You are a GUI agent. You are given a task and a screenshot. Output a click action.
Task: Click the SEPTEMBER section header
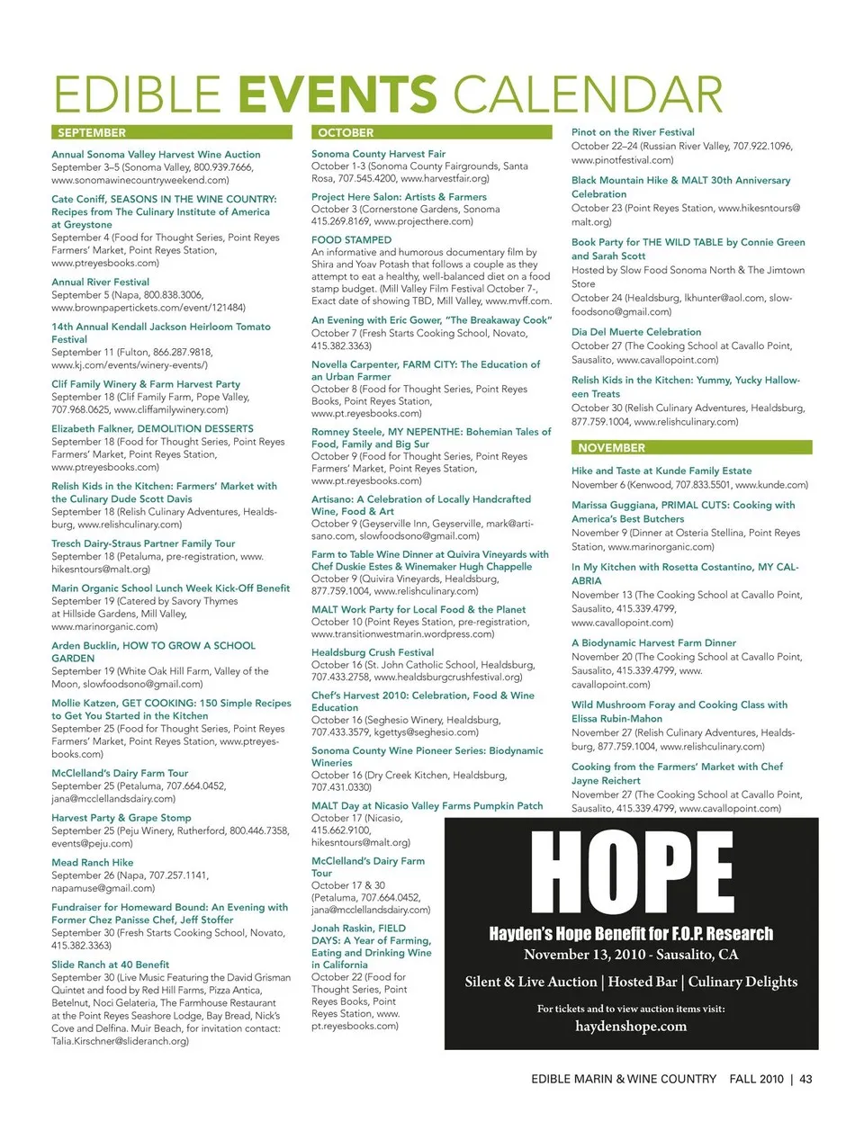(x=92, y=132)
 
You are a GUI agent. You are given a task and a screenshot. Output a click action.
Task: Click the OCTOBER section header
(x=346, y=132)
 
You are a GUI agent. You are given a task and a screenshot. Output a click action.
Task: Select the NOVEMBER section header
(x=612, y=447)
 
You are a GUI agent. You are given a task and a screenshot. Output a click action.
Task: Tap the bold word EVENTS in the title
(x=339, y=94)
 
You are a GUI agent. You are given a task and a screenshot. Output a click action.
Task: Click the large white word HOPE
(x=632, y=872)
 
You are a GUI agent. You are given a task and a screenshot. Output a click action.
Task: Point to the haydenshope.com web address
(x=631, y=1026)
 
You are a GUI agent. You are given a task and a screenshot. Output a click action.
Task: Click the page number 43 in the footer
(x=805, y=1079)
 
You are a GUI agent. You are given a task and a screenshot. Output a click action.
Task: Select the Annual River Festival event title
(x=101, y=282)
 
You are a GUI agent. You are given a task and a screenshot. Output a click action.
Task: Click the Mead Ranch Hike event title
(x=93, y=862)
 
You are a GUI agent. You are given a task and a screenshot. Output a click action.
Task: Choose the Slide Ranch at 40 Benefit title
(x=111, y=964)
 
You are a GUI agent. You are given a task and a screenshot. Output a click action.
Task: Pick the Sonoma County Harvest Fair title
(x=379, y=154)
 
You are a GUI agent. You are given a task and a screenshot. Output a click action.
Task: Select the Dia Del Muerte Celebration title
(x=636, y=332)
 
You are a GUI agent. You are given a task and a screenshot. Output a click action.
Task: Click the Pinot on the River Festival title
(x=633, y=132)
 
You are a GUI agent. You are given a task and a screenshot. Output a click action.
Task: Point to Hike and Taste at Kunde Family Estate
(x=661, y=471)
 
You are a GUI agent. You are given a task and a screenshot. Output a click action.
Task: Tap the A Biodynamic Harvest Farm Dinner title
(x=653, y=642)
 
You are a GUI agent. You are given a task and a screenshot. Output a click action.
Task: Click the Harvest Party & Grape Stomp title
(x=121, y=818)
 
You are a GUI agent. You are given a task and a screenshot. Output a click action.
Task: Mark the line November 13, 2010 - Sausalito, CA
(x=631, y=955)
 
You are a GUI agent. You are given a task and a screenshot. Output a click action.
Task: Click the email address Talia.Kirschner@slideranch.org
(x=121, y=1041)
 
